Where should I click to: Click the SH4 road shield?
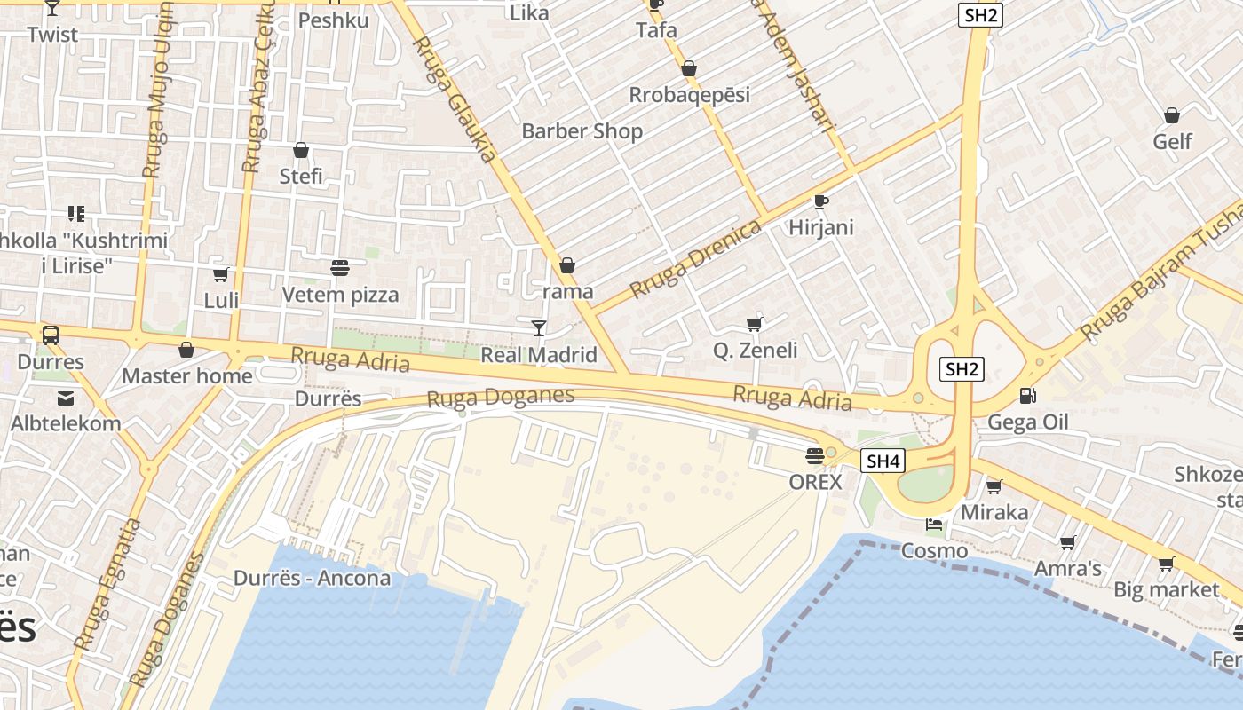click(x=883, y=461)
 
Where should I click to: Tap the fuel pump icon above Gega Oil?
click(x=1028, y=396)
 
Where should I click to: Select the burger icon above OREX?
click(x=814, y=456)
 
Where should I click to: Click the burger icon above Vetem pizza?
click(x=339, y=267)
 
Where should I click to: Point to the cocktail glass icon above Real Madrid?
click(x=538, y=328)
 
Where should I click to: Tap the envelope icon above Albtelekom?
click(x=66, y=398)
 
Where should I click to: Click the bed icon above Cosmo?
click(x=934, y=525)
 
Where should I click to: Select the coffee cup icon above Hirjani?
click(x=821, y=201)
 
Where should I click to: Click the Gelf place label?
click(x=1172, y=141)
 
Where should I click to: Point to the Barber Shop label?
click(x=582, y=131)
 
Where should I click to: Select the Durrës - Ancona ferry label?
click(x=312, y=578)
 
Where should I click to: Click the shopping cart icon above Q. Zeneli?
click(x=755, y=324)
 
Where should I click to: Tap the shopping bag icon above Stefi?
click(x=301, y=150)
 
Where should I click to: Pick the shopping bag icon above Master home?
click(x=186, y=350)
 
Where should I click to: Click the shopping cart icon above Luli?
click(x=220, y=274)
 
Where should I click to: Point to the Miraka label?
click(x=994, y=512)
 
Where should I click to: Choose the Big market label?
click(x=1166, y=589)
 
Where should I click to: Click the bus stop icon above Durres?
click(x=51, y=335)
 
